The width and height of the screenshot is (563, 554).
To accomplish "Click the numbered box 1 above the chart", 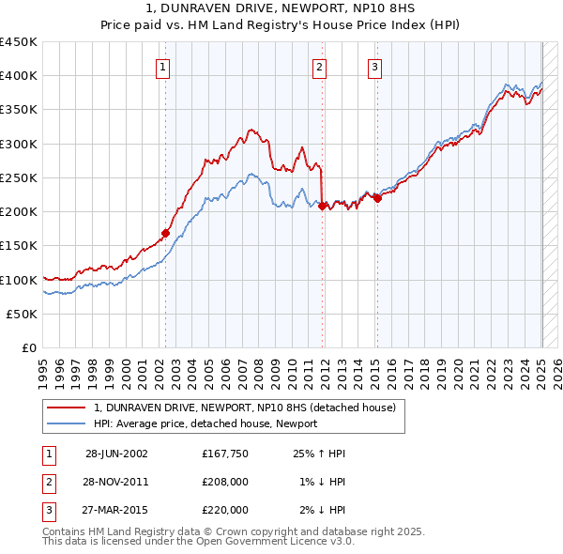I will tap(163, 67).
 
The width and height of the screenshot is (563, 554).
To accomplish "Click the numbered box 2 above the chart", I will tap(320, 67).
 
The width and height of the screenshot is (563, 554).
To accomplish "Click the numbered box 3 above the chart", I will tap(374, 67).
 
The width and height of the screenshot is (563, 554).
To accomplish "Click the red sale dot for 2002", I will tap(166, 233).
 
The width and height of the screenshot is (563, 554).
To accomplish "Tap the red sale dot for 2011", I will tap(323, 206).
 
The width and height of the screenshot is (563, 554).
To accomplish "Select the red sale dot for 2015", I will tap(377, 198).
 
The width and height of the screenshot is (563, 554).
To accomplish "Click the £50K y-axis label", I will tap(22, 315).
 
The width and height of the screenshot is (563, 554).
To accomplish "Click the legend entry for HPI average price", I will tap(205, 423).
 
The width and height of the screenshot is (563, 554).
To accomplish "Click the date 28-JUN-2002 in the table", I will tap(116, 454).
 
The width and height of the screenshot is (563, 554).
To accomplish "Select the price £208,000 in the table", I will tap(225, 482).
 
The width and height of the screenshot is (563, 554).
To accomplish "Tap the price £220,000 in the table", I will tap(225, 510).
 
